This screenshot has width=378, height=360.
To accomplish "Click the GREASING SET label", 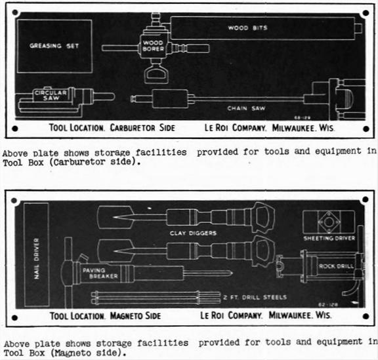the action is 54,45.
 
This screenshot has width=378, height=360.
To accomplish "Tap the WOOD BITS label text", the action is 247,28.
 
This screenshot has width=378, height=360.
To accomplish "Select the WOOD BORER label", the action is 153,45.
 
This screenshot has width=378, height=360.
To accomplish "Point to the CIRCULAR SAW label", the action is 51,95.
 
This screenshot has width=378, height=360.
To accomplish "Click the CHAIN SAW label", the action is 246,108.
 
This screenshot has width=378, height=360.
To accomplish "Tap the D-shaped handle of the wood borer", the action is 156,75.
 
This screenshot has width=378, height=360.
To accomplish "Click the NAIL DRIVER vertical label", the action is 36,258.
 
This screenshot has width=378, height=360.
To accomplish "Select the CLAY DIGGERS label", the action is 193,233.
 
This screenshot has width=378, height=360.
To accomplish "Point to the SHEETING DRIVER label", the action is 329,238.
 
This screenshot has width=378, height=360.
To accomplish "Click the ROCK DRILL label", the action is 336,266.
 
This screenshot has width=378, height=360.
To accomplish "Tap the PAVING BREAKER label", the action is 100,273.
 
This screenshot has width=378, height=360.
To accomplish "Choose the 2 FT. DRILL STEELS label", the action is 255,297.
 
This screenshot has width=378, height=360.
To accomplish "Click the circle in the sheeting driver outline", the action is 329,222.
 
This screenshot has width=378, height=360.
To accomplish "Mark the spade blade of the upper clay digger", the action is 115,217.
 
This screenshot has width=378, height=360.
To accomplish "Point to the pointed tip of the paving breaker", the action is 232,273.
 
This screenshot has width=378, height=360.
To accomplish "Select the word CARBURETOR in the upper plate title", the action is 133,128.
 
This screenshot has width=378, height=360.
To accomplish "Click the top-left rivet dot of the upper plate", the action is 15,12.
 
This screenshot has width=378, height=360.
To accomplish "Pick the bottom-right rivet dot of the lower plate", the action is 366,316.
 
